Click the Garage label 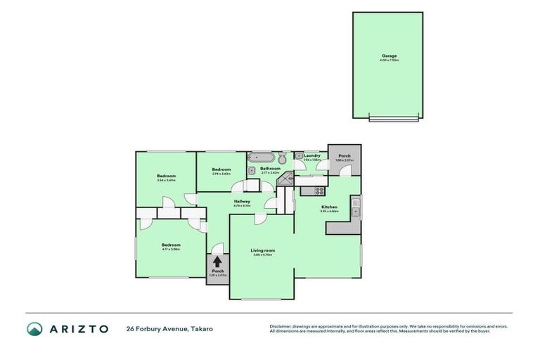(389, 56)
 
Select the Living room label (262, 250)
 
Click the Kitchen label (329, 207)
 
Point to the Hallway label (242, 201)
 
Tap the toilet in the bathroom (281, 157)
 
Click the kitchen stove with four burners (319, 190)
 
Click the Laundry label (311, 155)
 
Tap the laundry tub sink (299, 155)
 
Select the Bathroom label (270, 169)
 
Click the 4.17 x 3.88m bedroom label (171, 245)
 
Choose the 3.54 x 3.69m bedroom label (166, 176)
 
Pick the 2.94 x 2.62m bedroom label (221, 169)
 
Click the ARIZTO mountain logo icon (34, 328)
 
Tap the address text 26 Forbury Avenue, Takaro (169, 328)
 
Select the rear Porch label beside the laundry (345, 156)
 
